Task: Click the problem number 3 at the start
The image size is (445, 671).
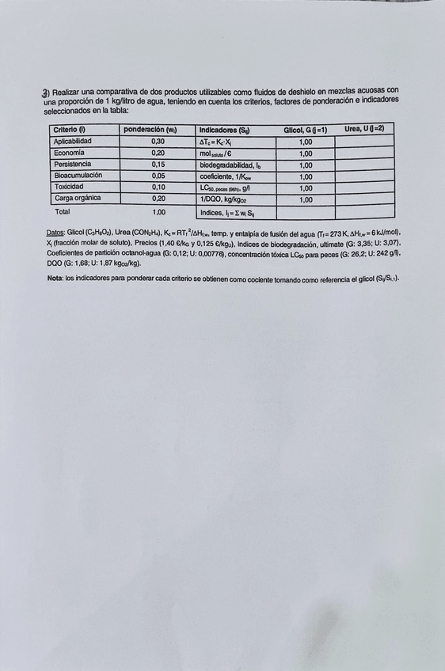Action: [45, 93]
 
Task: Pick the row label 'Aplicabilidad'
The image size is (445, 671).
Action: [73, 141]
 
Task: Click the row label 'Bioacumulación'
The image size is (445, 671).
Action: [78, 176]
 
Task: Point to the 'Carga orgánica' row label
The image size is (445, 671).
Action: [78, 199]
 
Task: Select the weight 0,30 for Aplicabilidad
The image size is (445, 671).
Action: [158, 142]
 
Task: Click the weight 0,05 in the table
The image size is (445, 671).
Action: [158, 176]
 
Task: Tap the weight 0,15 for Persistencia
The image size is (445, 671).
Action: [158, 165]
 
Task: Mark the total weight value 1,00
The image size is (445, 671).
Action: [158, 212]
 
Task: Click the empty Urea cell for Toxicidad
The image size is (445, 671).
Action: [364, 188]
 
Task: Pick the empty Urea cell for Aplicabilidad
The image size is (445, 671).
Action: [364, 142]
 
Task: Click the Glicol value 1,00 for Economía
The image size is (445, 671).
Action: [305, 154]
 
